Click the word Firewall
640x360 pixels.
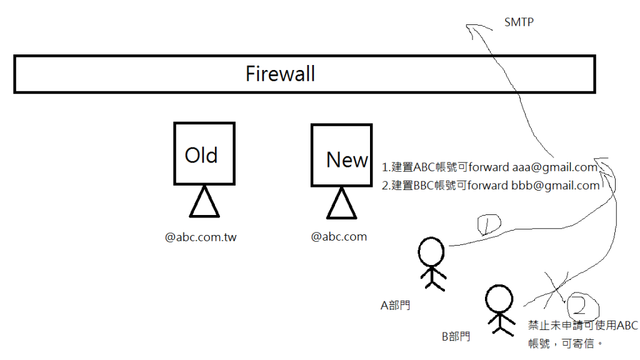click(x=280, y=74)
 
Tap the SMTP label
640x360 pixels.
click(x=518, y=23)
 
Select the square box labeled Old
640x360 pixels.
click(x=204, y=154)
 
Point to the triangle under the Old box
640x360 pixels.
click(x=204, y=202)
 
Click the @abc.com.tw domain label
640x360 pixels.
click(x=201, y=237)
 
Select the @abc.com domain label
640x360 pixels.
click(x=339, y=237)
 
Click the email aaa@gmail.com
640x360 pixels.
click(x=555, y=167)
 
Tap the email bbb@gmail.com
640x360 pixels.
click(x=556, y=186)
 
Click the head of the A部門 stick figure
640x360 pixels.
click(x=431, y=252)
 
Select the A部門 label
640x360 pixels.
click(x=396, y=306)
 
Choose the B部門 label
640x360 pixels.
click(x=456, y=337)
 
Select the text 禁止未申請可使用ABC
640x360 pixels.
click(x=583, y=325)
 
